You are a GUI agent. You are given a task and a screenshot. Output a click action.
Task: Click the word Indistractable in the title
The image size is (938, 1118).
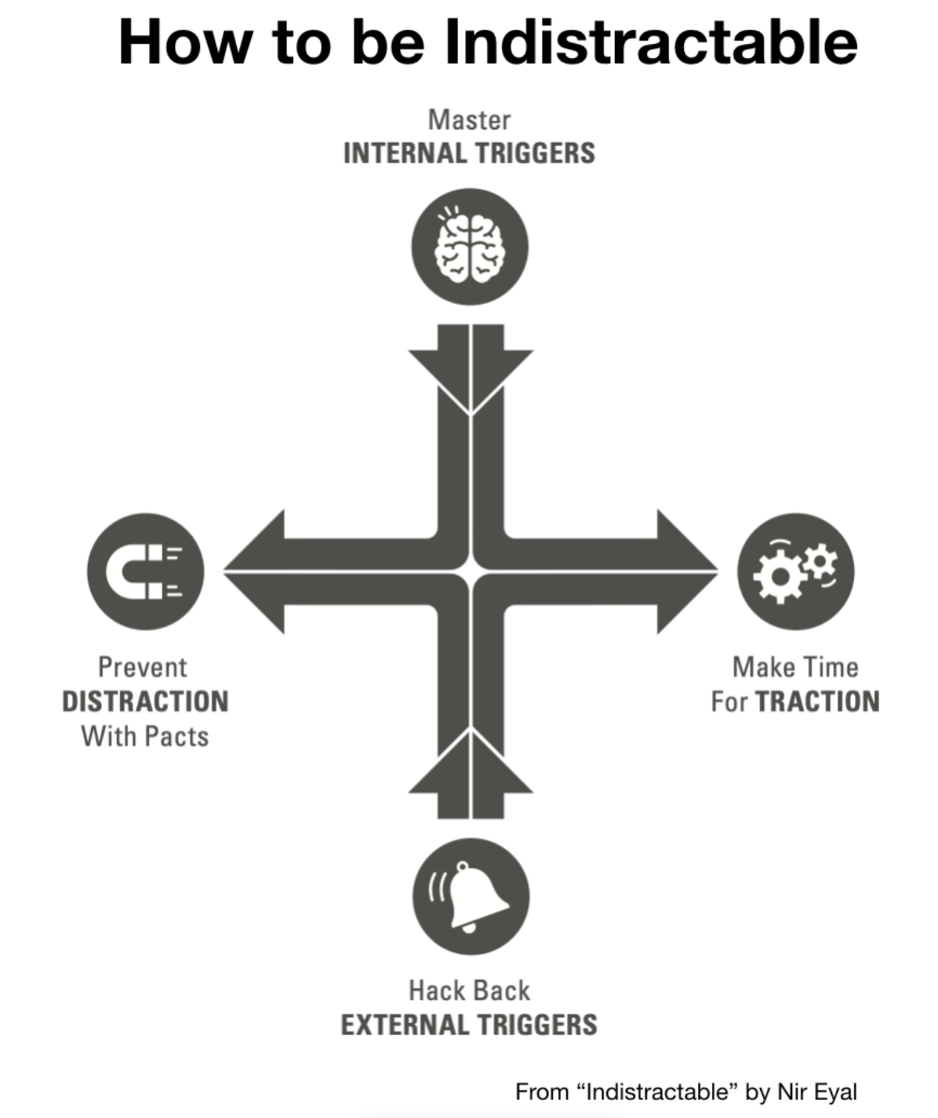[651, 42]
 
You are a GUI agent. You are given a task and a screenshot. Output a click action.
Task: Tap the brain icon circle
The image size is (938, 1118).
[470, 247]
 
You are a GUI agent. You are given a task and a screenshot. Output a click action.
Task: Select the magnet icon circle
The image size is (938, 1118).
[145, 572]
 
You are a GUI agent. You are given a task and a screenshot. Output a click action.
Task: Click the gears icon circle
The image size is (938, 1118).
[795, 572]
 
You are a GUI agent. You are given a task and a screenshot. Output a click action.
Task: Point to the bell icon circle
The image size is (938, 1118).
[471, 896]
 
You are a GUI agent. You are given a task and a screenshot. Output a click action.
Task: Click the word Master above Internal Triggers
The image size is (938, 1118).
[469, 120]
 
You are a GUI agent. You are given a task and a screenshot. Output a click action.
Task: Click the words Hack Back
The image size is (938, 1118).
[469, 990]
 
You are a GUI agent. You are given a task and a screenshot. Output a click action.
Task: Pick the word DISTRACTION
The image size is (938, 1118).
[145, 701]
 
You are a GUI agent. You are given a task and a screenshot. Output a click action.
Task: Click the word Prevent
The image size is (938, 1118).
[143, 667]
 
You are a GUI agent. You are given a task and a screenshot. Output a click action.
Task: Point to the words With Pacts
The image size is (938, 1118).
[145, 736]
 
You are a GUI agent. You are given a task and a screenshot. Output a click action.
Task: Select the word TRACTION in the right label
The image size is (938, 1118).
[817, 701]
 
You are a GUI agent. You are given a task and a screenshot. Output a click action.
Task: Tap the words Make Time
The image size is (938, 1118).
[795, 667]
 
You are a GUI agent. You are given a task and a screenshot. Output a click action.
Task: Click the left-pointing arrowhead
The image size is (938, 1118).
[255, 572]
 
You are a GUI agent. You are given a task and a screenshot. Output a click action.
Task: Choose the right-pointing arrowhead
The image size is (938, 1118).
[686, 572]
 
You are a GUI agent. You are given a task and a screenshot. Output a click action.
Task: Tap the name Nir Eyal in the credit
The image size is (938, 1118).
[816, 1091]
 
